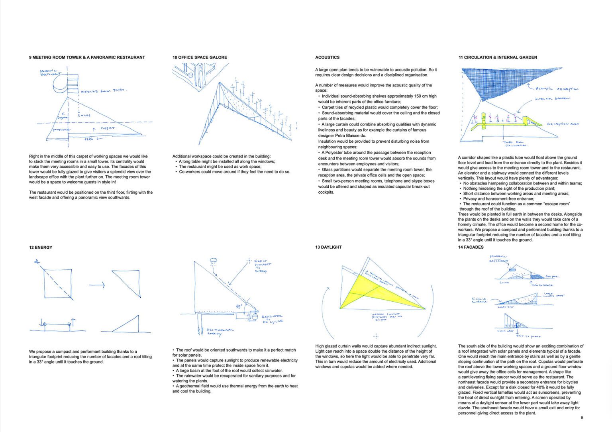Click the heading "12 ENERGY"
click(40, 247)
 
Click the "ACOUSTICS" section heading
click(327, 57)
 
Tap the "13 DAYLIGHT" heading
click(328, 247)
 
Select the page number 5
click(582, 418)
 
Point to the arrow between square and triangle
click(96, 285)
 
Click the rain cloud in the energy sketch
click(214, 261)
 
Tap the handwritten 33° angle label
click(239, 307)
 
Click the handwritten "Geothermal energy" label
click(220, 332)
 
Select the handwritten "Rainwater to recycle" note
click(272, 318)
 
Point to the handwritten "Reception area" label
click(563, 124)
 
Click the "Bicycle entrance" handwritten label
click(480, 300)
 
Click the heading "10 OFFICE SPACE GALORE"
click(200, 57)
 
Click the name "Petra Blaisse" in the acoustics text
click(347, 135)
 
